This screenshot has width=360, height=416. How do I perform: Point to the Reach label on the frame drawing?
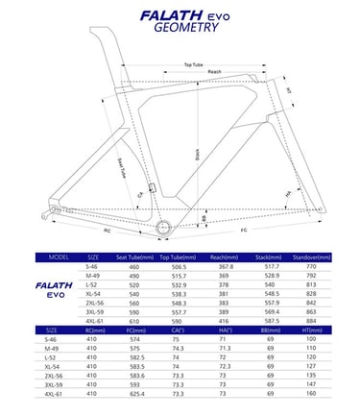pos(216,72)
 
